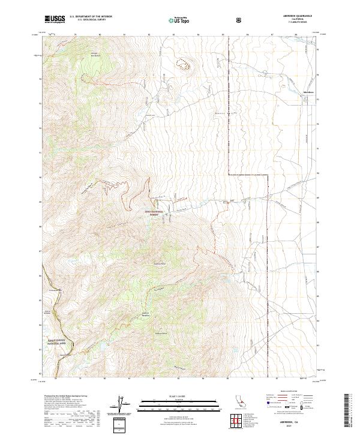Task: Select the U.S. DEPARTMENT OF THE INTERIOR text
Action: (91, 17)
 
